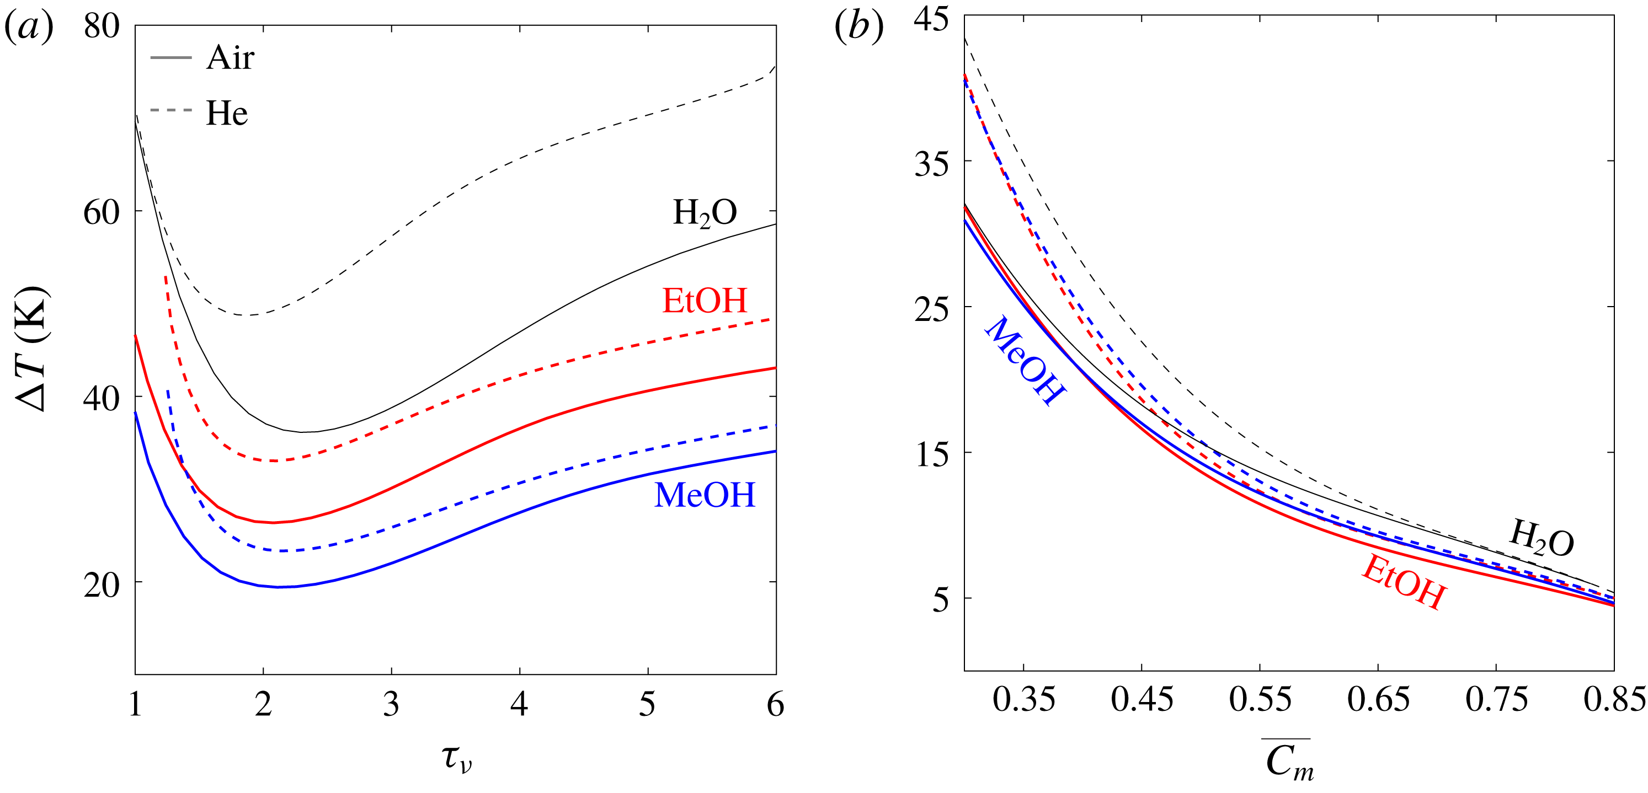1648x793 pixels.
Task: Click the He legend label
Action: [x=226, y=113]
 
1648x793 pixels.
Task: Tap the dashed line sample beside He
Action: [x=171, y=111]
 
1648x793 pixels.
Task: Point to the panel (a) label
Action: [x=28, y=28]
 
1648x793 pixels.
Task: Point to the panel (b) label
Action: [x=858, y=28]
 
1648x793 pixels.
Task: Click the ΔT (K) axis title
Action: [x=31, y=349]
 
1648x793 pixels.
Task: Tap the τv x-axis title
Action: [x=457, y=758]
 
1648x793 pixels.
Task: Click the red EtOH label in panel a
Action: [x=705, y=301]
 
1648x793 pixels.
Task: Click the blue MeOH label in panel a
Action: [x=705, y=495]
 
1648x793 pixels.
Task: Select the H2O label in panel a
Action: [x=705, y=213]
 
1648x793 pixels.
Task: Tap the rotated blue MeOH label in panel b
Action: [x=1024, y=361]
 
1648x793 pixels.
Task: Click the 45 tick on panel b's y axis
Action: [x=931, y=19]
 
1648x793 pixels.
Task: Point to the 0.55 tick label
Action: [x=1260, y=700]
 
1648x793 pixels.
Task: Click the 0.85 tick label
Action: [x=1613, y=700]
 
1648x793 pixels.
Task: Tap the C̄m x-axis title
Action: [x=1288, y=761]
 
